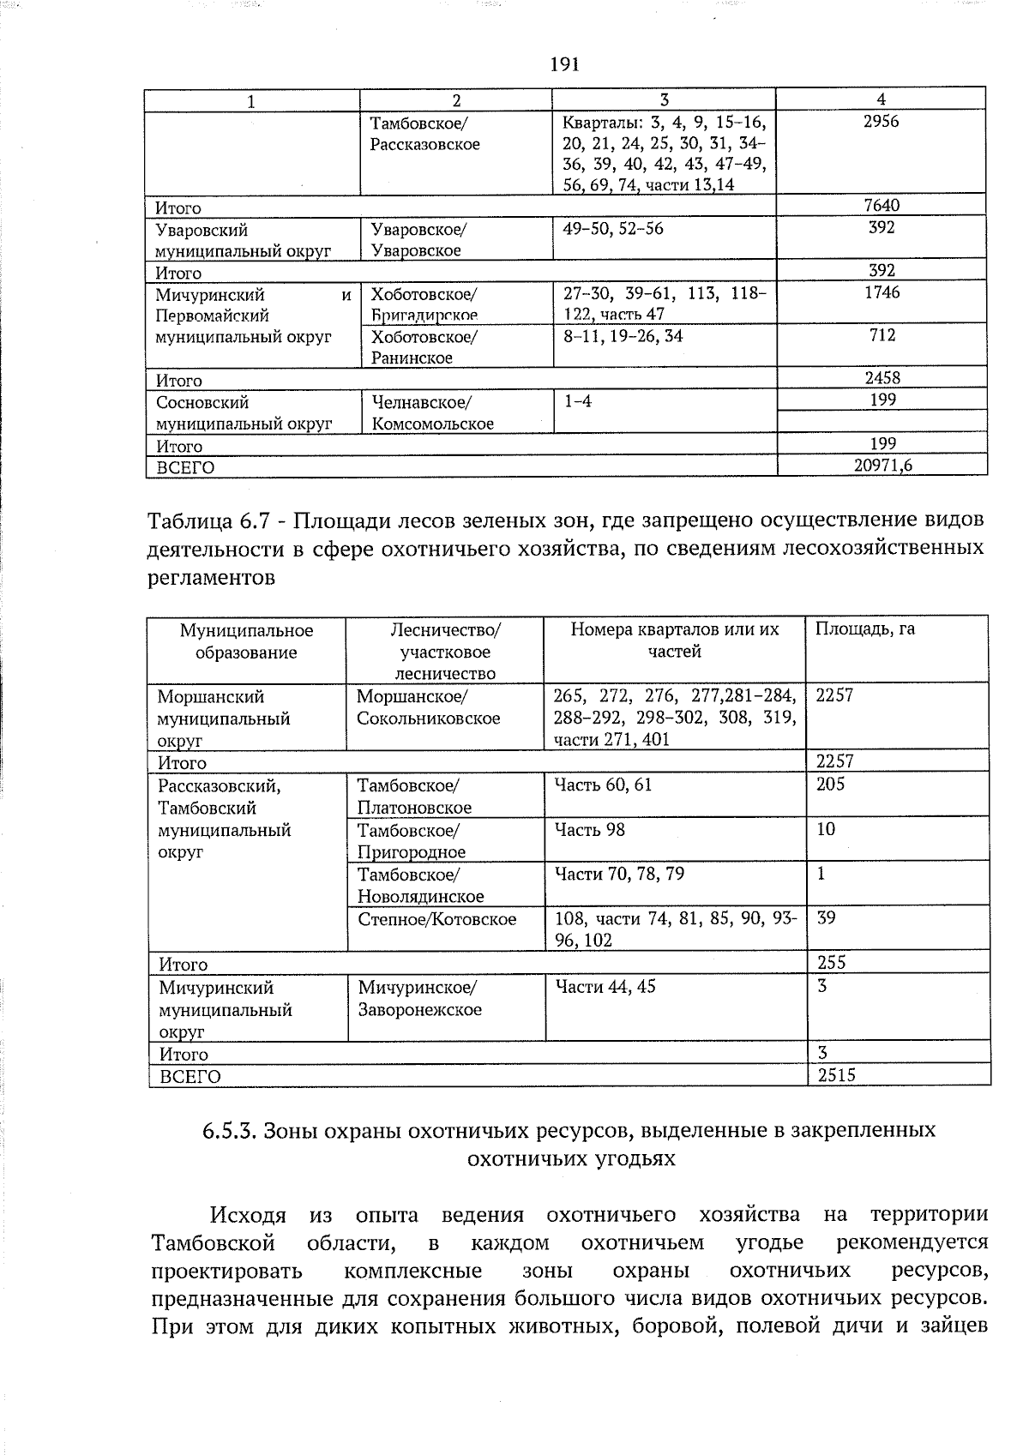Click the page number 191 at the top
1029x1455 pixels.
click(x=564, y=64)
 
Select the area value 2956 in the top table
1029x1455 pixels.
click(x=881, y=122)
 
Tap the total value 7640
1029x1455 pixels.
click(x=882, y=205)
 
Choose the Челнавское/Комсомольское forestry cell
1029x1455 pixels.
click(x=432, y=412)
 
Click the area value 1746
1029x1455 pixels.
click(x=882, y=292)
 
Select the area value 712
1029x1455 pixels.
click(x=882, y=335)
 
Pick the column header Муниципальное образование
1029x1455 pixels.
click(x=246, y=641)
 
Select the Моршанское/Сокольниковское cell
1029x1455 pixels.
click(x=428, y=707)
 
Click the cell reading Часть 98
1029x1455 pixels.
click(x=590, y=829)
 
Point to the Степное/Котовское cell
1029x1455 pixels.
click(x=437, y=919)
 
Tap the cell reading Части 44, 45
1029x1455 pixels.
click(x=605, y=987)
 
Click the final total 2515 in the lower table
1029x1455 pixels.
click(x=836, y=1075)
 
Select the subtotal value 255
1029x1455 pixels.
click(x=832, y=963)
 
